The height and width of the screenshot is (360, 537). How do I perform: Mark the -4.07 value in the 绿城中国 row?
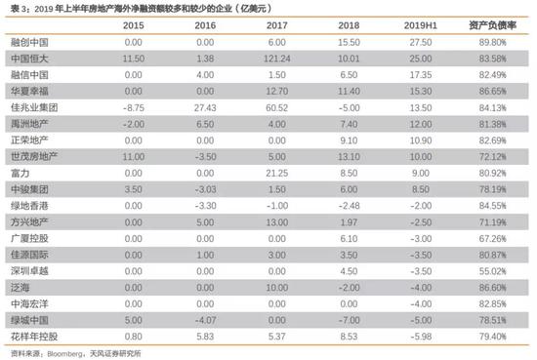point(204,318)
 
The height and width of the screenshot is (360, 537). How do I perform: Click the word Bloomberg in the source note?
point(67,353)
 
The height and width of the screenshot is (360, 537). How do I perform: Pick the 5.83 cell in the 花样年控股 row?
point(205,335)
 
